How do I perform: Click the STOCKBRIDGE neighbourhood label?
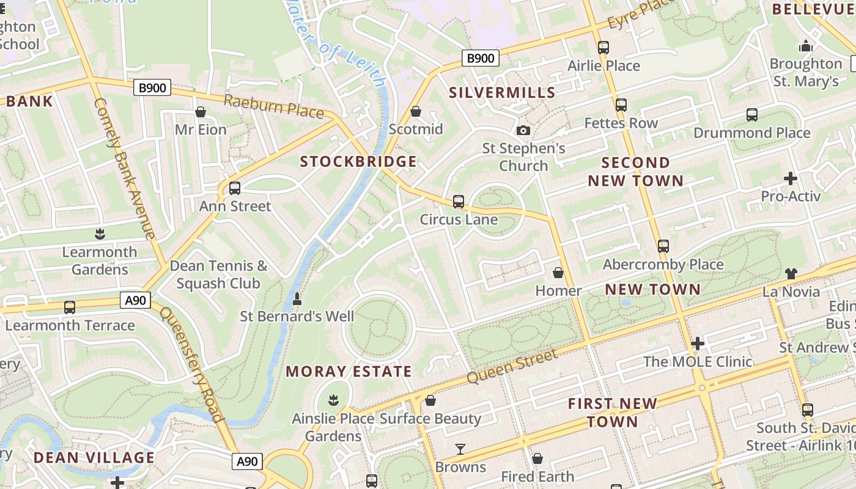(x=358, y=162)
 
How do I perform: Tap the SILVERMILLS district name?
(x=502, y=93)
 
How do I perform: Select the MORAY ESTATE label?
(x=349, y=372)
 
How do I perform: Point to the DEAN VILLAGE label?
(x=94, y=458)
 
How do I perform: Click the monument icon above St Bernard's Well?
(x=297, y=299)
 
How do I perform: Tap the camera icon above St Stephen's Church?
(x=523, y=130)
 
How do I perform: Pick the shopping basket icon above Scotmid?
(x=416, y=111)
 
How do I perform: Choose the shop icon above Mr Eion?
(x=200, y=112)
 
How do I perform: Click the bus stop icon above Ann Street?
(x=235, y=188)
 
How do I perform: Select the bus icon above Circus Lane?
(x=459, y=202)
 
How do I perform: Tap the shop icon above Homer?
(x=558, y=273)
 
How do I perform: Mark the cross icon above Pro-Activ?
(x=790, y=178)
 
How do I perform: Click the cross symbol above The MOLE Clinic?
(x=697, y=344)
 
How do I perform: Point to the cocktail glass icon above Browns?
(x=460, y=450)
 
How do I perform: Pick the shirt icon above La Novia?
(x=791, y=274)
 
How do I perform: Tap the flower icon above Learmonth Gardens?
(x=99, y=234)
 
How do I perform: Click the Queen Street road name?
(x=512, y=367)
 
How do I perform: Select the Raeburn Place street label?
(x=273, y=106)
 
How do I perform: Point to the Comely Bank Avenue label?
(x=125, y=169)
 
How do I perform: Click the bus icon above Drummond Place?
(x=751, y=115)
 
